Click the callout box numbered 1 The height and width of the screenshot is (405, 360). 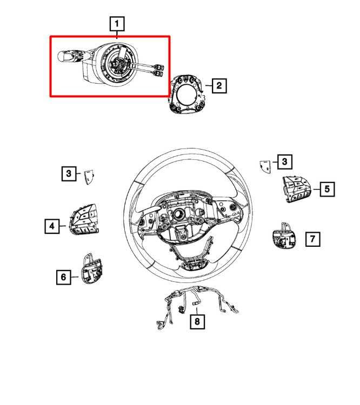pyautogui.click(x=117, y=24)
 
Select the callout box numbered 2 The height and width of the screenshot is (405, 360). pyautogui.click(x=219, y=85)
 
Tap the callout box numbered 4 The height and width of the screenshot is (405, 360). pyautogui.click(x=52, y=226)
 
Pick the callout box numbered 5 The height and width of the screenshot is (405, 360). pyautogui.click(x=327, y=189)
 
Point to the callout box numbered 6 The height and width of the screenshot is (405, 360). pyautogui.click(x=64, y=277)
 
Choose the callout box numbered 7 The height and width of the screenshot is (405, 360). pyautogui.click(x=312, y=239)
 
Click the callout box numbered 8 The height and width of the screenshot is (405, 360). pyautogui.click(x=197, y=322)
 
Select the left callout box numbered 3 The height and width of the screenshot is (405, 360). pyautogui.click(x=69, y=173)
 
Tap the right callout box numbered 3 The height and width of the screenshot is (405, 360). pyautogui.click(x=285, y=161)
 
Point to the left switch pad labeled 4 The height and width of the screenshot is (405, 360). pyautogui.click(x=84, y=220)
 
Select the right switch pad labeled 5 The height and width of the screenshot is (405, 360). pyautogui.click(x=296, y=189)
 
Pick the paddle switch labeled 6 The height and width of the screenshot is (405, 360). pyautogui.click(x=92, y=269)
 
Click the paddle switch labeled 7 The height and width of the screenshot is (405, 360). pyautogui.click(x=284, y=236)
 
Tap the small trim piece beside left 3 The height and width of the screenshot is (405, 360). pyautogui.click(x=89, y=177)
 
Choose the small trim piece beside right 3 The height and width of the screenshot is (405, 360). pyautogui.click(x=265, y=167)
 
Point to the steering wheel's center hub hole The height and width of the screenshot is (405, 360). pyautogui.click(x=178, y=214)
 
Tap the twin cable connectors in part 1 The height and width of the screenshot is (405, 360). pyautogui.click(x=158, y=70)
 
